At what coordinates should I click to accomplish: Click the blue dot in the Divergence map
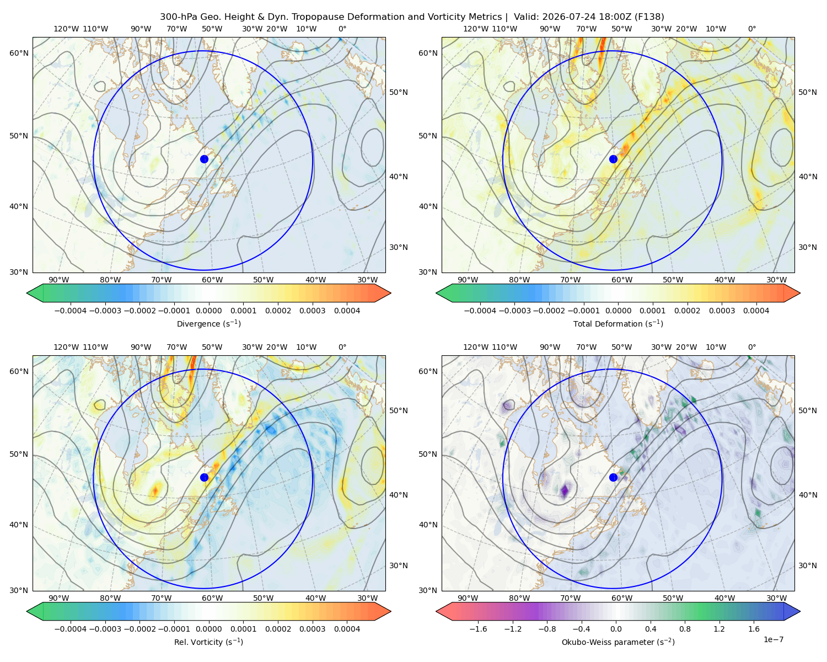(204, 159)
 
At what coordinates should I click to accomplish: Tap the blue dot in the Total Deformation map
(613, 159)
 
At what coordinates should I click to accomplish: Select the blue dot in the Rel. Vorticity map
(204, 477)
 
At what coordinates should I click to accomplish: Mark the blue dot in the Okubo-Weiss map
(613, 477)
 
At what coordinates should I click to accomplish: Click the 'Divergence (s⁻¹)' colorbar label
(208, 323)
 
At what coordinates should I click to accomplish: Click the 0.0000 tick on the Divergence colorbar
(208, 311)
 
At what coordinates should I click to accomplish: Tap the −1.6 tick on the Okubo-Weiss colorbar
(478, 629)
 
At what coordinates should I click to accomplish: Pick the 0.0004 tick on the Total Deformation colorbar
(756, 311)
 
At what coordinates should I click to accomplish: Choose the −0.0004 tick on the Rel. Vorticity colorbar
(71, 629)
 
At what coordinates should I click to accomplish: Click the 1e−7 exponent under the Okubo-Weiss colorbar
(773, 639)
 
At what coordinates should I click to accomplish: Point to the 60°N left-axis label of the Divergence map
(19, 53)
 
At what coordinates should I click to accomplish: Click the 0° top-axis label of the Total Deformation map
(752, 29)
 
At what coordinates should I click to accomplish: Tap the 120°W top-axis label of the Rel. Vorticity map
(66, 347)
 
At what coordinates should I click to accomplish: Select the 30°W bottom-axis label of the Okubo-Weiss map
(777, 598)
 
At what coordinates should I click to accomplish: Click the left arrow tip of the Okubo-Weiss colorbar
(436, 611)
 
